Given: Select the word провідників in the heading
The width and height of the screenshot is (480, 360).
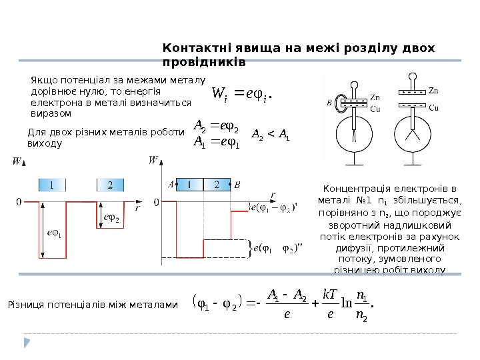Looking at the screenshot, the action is pos(204,62).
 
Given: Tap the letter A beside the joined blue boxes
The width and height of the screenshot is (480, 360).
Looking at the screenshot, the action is pos(171,185).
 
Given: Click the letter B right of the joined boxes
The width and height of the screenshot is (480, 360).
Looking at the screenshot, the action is pos(238,185).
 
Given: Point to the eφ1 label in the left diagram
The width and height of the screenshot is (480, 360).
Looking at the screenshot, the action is pos(53,233).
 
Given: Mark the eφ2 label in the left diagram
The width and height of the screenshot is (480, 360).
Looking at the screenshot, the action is pos(109,218).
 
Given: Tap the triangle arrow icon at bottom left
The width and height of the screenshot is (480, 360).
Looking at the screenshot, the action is pos(27,343).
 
